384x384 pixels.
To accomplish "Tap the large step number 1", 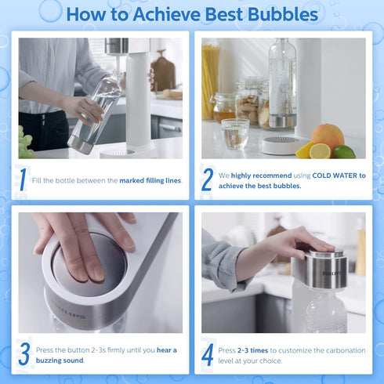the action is pos(23,179).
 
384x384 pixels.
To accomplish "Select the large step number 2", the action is pos(208,179).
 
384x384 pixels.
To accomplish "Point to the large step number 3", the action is pos(24,354).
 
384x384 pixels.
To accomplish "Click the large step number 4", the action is pos(208,354).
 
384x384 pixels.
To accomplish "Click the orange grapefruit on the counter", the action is pos(328,137).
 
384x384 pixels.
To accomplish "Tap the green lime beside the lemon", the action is pos(344,152).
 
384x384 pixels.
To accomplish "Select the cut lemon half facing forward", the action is pos(320,150).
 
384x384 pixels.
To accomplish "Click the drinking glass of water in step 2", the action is pos(235,134).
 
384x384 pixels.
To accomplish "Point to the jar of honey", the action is pos(223,107).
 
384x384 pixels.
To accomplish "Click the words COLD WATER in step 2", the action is pos(335,176).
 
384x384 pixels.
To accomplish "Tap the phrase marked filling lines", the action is pos(150,180).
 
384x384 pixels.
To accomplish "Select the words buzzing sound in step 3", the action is pos(60,360).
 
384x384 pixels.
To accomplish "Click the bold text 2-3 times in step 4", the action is pos(252,350).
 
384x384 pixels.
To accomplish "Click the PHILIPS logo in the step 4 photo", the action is pos(333,273).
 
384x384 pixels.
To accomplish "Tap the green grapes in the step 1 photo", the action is pos(25,143).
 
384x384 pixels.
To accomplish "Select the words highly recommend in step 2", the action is pos(261,176).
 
